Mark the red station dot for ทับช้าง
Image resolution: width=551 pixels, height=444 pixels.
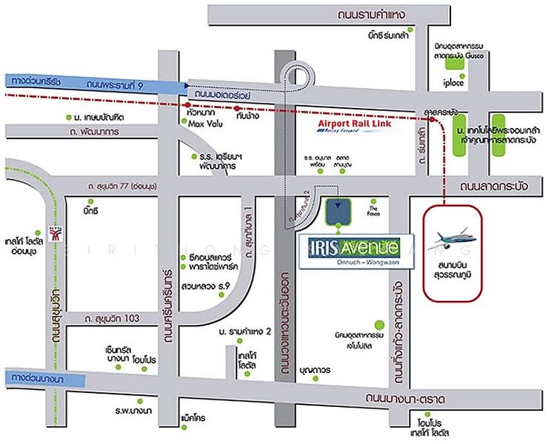pos(237,107)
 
